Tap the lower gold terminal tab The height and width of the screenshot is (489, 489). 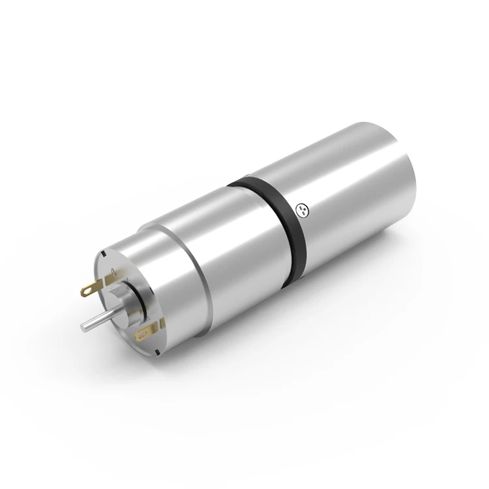coord(143,333)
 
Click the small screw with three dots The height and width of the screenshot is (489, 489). coord(301,209)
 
